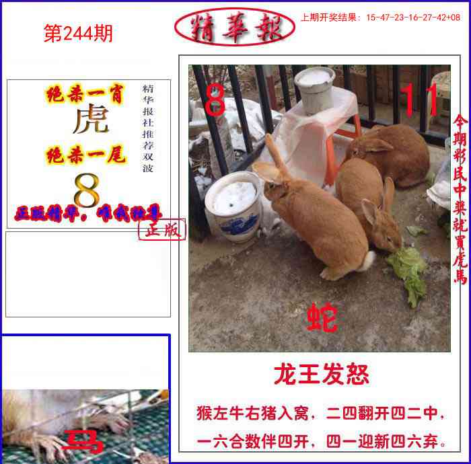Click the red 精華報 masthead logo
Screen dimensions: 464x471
pos(234,28)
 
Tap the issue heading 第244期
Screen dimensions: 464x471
pos(78,34)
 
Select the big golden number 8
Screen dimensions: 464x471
pos(86,191)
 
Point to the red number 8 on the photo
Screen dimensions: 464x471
pos(215,102)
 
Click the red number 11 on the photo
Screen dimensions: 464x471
pos(419,101)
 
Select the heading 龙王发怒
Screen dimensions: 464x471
pos(321,375)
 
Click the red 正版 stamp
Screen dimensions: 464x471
pos(162,230)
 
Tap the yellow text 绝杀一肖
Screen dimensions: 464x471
pos(85,95)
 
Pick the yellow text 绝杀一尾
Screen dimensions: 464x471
pos(85,156)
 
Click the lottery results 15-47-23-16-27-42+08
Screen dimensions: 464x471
pos(413,17)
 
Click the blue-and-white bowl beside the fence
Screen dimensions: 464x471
pos(233,204)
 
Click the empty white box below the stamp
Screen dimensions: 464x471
pos(87,274)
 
